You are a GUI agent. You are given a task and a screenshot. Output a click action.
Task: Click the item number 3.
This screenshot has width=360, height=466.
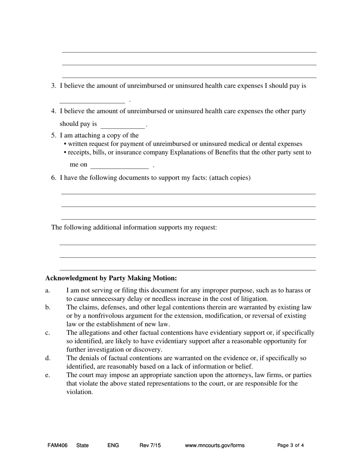click(x=53, y=86)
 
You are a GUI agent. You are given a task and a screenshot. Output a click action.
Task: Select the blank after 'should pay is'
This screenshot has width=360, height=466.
click(x=122, y=125)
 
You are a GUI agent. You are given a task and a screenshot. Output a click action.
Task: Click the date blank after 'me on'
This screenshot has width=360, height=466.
click(x=120, y=165)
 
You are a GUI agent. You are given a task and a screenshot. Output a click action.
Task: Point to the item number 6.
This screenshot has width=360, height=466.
click(x=53, y=178)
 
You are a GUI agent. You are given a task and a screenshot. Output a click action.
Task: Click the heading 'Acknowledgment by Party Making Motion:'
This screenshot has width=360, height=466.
click(x=111, y=278)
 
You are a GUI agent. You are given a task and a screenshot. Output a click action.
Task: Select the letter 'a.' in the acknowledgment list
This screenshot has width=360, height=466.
click(x=48, y=291)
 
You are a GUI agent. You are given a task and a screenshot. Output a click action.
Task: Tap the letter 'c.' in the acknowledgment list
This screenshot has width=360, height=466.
click(x=48, y=333)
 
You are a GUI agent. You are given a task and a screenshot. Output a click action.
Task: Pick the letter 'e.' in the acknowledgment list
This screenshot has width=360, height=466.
click(x=48, y=375)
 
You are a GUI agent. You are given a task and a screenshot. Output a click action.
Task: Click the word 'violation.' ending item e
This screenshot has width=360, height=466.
click(x=80, y=392)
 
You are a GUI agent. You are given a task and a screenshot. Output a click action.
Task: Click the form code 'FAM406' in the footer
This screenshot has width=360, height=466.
click(x=58, y=446)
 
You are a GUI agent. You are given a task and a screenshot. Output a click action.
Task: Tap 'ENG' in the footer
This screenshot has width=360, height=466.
click(x=113, y=446)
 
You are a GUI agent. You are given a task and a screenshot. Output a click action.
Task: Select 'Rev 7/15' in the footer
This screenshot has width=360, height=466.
click(x=150, y=446)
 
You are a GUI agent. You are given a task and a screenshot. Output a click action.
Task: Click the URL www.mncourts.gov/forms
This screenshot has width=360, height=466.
click(x=214, y=446)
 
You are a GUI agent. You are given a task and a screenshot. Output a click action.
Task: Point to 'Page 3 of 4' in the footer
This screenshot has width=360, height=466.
click(x=290, y=446)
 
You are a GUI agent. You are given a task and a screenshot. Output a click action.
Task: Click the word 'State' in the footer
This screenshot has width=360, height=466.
click(x=82, y=446)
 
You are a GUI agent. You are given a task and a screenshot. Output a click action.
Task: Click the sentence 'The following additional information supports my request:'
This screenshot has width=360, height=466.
click(x=134, y=228)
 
